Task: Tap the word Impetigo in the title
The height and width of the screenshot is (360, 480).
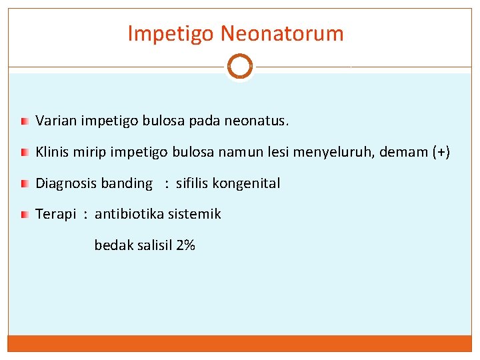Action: pyautogui.click(x=171, y=34)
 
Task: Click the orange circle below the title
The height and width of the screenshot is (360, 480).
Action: pyautogui.click(x=240, y=66)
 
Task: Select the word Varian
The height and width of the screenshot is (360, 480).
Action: pyautogui.click(x=56, y=121)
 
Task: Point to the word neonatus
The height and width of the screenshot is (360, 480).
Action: pyautogui.click(x=257, y=121)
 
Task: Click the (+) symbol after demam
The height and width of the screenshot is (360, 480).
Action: pyautogui.click(x=441, y=152)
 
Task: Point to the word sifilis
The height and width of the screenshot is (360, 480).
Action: pyautogui.click(x=192, y=183)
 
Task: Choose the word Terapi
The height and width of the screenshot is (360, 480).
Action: pyautogui.click(x=56, y=214)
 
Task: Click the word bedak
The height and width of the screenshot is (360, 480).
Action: pyautogui.click(x=114, y=245)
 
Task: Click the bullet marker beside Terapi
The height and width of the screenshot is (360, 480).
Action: pyautogui.click(x=24, y=215)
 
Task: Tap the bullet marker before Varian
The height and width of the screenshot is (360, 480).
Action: pyautogui.click(x=24, y=122)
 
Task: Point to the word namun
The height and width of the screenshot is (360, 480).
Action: pyautogui.click(x=246, y=152)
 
